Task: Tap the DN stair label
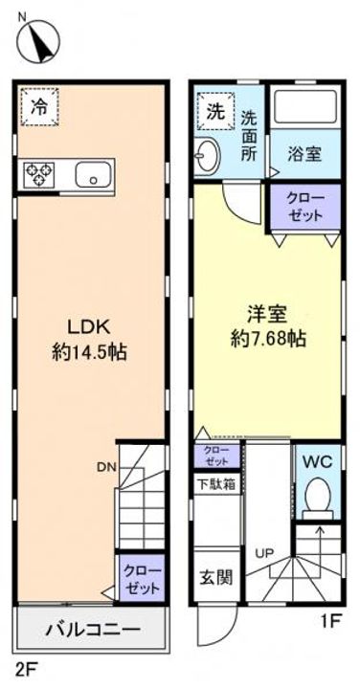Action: click(104, 468)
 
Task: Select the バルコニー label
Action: click(92, 631)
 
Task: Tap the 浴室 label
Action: click(304, 152)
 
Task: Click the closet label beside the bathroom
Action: click(305, 208)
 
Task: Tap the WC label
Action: click(317, 462)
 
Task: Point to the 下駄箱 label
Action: click(217, 483)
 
